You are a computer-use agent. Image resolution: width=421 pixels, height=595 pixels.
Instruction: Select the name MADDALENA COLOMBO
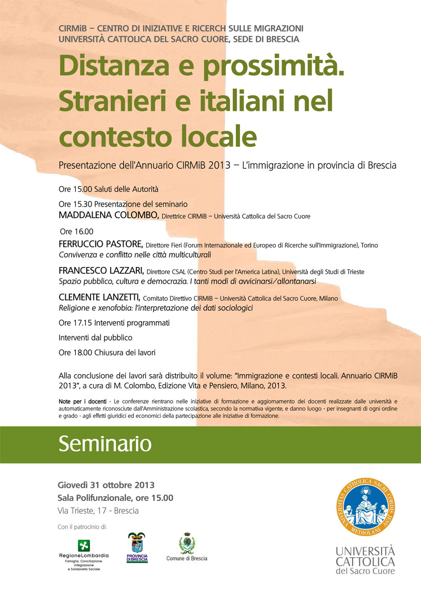tap(108, 215)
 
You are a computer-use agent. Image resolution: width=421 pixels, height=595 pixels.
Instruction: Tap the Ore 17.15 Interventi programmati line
tap(114, 322)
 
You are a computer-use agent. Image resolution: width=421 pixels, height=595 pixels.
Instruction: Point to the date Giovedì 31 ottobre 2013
tap(106, 485)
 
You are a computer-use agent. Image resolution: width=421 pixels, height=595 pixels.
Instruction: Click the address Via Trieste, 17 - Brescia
tap(98, 510)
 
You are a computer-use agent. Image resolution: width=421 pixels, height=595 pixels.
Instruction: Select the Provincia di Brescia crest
tap(137, 545)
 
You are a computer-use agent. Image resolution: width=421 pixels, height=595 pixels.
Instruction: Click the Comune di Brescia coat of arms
tap(186, 543)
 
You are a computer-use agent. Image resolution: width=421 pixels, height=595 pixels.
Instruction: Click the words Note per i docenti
tap(78, 401)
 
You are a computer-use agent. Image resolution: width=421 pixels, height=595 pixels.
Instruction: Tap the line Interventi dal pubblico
tap(95, 337)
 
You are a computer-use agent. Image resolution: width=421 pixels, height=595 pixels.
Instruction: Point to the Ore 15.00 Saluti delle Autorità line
tap(108, 188)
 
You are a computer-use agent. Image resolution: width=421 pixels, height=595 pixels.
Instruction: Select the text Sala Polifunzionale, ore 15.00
tap(115, 498)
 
